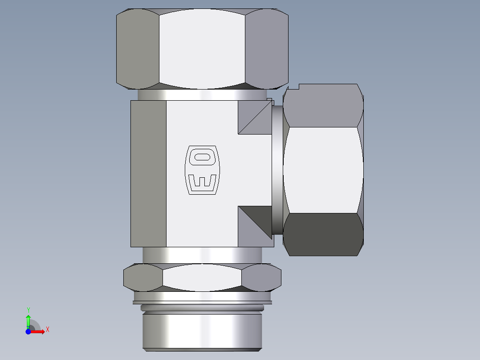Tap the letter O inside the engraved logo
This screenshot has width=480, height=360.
(x=203, y=157)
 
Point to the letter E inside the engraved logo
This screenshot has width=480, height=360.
(x=203, y=181)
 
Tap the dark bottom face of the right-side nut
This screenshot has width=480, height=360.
(x=323, y=234)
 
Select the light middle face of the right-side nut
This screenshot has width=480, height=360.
(x=323, y=170)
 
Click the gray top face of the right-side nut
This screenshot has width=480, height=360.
(x=323, y=107)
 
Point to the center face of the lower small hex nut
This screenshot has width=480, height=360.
(x=202, y=278)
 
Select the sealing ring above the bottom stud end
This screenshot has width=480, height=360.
(x=202, y=308)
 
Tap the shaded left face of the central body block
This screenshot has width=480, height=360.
(x=148, y=173)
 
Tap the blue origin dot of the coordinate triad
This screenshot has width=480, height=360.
(x=28, y=331)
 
